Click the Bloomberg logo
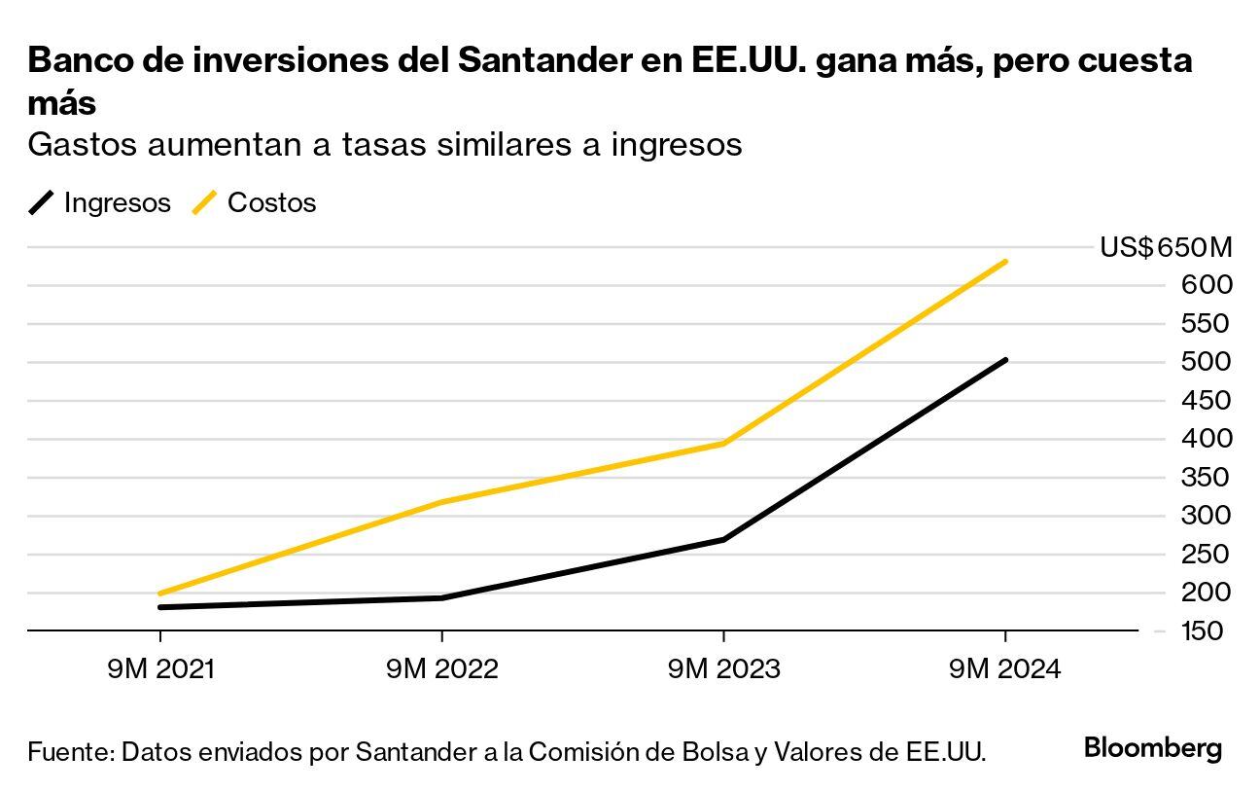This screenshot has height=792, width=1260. (1152, 748)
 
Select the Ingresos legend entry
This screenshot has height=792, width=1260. (100, 202)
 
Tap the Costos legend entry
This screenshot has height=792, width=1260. (256, 202)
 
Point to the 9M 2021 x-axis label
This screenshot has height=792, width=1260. (160, 669)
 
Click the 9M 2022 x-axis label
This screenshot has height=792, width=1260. (441, 669)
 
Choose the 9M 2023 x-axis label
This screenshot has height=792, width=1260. (723, 669)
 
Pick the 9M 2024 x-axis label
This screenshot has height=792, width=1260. (1004, 669)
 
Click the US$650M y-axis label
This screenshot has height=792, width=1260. (1165, 247)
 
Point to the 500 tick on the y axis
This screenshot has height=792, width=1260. (1207, 362)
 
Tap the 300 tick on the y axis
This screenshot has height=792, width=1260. (1207, 516)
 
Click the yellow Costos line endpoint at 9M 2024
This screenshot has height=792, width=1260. (1004, 262)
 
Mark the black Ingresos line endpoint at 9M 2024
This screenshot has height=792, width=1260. (1004, 360)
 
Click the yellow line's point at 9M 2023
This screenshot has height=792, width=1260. (723, 443)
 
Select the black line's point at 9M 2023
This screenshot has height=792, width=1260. (723, 539)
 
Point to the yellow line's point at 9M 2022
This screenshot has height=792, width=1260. (441, 502)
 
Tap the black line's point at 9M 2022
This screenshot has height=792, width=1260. (441, 597)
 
